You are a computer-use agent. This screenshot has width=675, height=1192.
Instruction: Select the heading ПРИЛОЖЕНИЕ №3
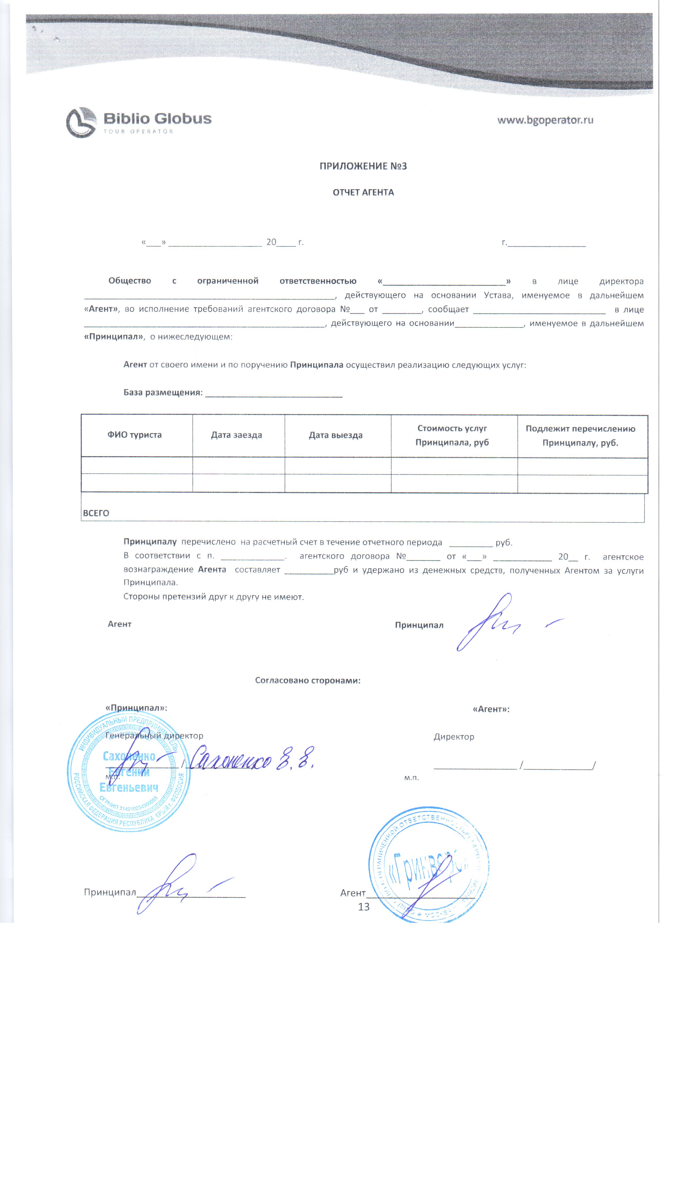(x=363, y=166)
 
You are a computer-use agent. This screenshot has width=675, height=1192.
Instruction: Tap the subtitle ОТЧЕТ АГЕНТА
(x=363, y=192)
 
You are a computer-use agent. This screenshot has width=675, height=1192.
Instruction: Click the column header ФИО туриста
(x=135, y=435)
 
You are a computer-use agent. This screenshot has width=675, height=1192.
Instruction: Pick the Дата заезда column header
(x=236, y=435)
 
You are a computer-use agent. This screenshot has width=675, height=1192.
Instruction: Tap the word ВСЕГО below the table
(x=96, y=513)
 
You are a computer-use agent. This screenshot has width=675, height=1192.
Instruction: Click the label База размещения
(x=163, y=392)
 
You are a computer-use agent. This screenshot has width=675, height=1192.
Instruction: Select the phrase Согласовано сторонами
(x=307, y=680)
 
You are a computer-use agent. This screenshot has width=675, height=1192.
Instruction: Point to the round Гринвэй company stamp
(x=428, y=865)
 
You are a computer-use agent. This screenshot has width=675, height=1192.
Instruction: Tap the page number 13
(x=364, y=906)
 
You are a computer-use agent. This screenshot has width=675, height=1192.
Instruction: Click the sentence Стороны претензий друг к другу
(x=213, y=597)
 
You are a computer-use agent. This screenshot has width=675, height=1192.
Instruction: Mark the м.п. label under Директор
(x=411, y=777)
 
